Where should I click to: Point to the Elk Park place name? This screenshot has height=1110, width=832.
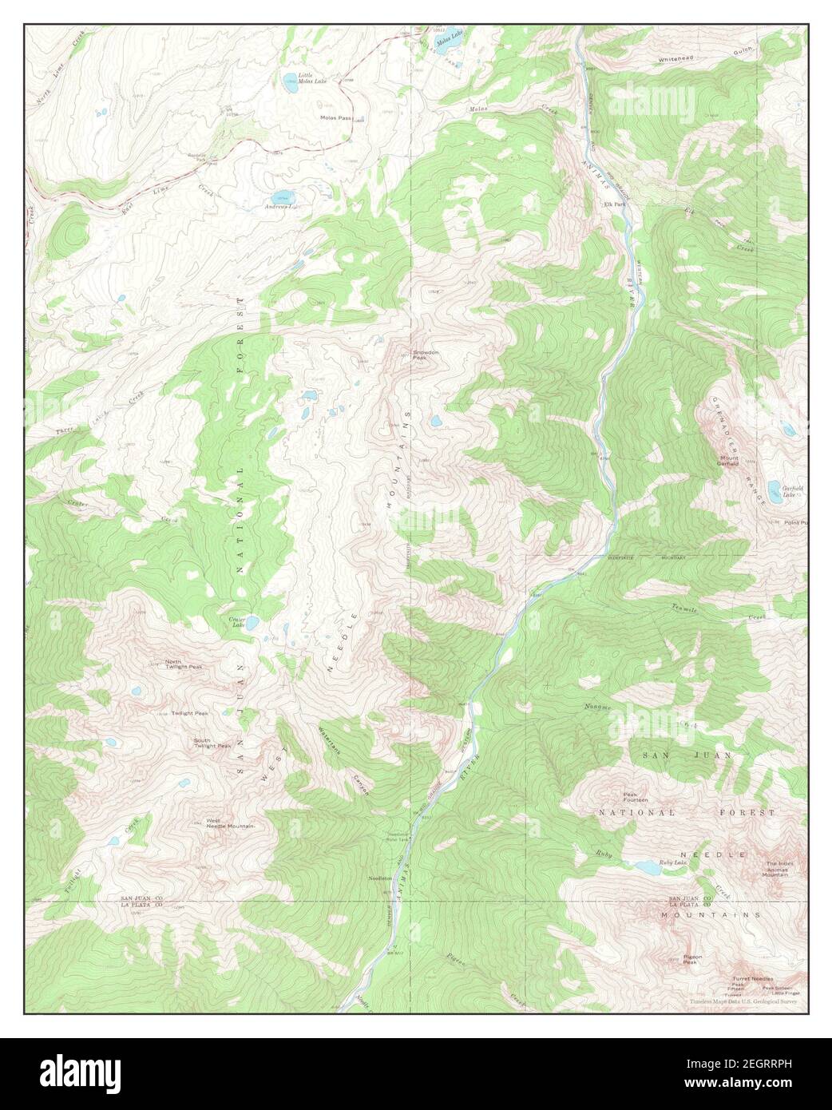click(x=614, y=204)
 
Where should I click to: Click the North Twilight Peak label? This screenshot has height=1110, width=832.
click(x=184, y=664)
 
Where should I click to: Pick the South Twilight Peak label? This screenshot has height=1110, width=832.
click(x=212, y=743)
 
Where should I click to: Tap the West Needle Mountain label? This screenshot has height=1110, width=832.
click(x=230, y=823)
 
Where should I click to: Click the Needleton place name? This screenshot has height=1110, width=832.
click(x=381, y=878)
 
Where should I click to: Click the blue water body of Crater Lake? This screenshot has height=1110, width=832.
click(x=252, y=622)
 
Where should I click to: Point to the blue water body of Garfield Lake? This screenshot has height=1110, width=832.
click(x=774, y=489)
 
